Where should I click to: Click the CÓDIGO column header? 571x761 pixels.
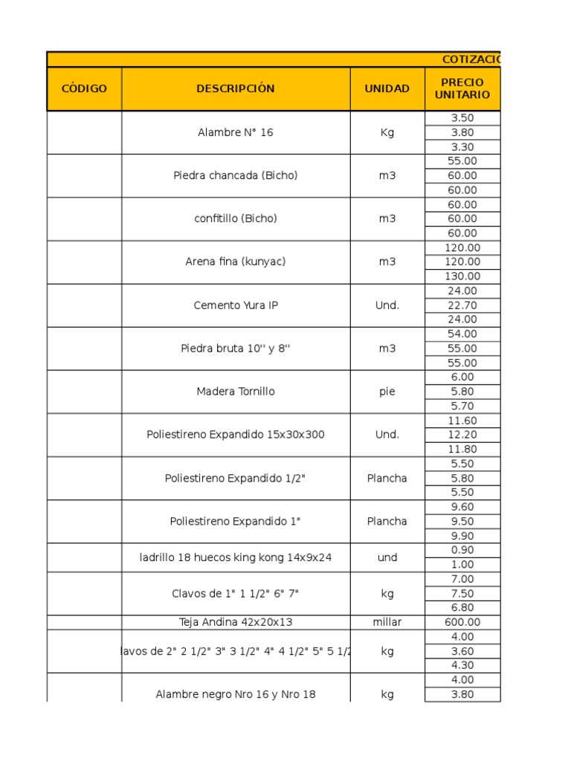click(84, 88)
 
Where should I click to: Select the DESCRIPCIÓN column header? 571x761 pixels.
click(236, 88)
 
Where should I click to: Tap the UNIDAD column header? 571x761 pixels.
click(387, 88)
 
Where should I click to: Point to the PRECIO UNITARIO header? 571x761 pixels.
click(462, 88)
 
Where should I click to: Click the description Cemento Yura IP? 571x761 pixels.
click(236, 305)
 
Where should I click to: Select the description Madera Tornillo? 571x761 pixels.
click(236, 392)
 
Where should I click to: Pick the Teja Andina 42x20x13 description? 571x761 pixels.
click(236, 622)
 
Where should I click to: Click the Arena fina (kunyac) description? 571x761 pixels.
click(236, 262)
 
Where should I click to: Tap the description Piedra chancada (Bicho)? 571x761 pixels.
click(236, 175)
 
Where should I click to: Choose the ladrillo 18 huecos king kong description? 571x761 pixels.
click(236, 557)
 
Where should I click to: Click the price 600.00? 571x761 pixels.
click(462, 622)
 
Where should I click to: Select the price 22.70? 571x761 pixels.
click(462, 305)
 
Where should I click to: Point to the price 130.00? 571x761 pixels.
click(462, 276)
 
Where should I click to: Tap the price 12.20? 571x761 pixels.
click(462, 435)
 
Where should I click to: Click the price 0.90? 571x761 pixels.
click(462, 550)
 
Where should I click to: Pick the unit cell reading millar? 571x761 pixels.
click(387, 622)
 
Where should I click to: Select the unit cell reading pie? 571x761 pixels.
click(387, 392)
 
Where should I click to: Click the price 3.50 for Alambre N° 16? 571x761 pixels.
click(462, 117)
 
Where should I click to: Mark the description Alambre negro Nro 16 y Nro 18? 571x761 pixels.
click(236, 694)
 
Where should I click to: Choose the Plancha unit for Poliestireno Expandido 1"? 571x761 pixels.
click(387, 521)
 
